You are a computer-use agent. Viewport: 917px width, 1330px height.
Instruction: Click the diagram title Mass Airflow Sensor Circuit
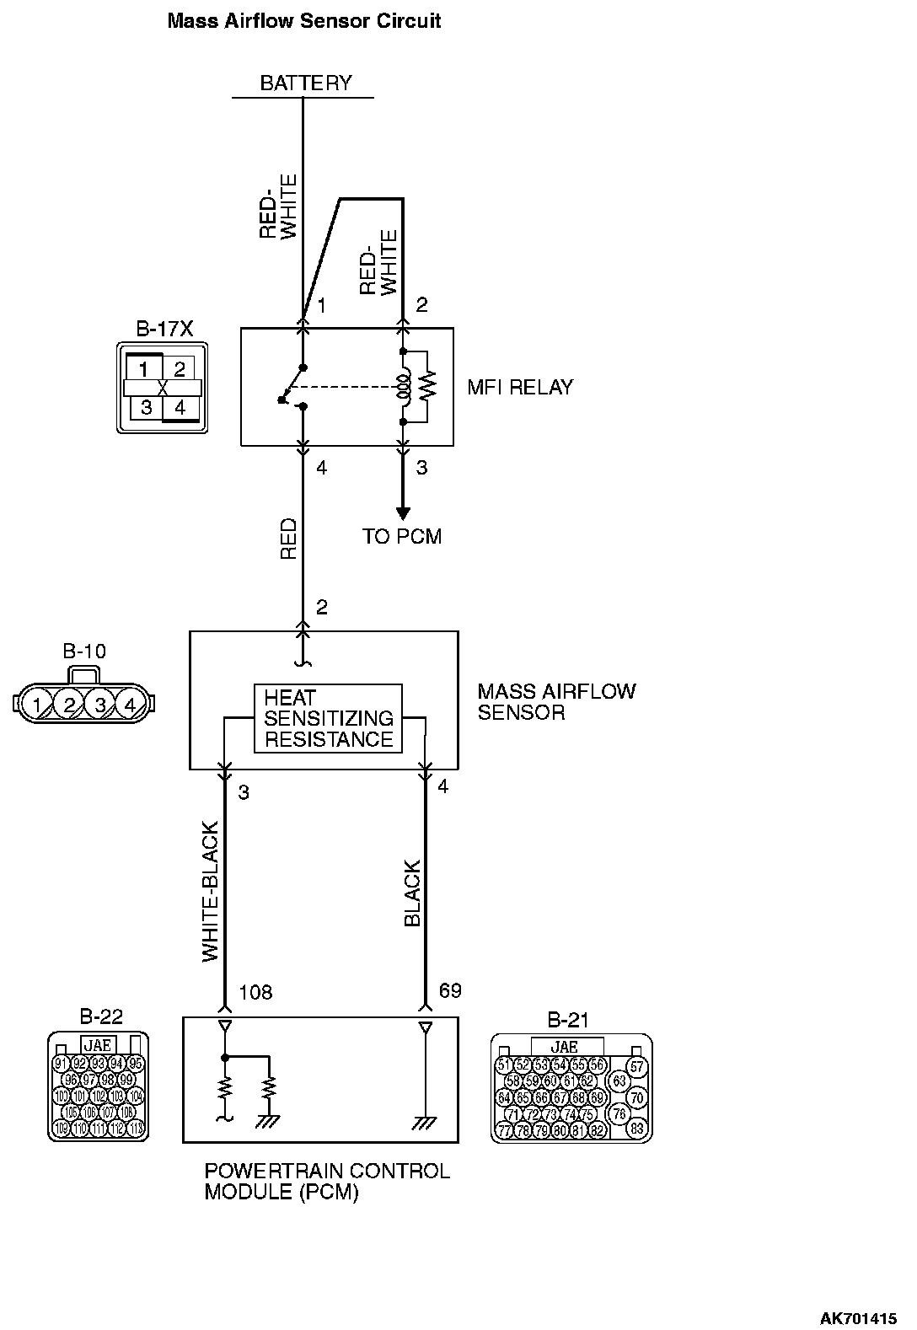[304, 21]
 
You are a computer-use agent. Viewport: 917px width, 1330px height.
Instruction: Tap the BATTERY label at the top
[305, 83]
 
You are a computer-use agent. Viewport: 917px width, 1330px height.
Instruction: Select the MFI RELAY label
[520, 388]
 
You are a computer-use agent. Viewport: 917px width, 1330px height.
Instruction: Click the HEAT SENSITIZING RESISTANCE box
[329, 719]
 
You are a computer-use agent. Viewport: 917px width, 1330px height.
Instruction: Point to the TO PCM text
[402, 537]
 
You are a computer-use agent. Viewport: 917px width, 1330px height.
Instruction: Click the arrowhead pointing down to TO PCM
[403, 513]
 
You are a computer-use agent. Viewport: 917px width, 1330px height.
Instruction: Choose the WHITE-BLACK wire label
[211, 892]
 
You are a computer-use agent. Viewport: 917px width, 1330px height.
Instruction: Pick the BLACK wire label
[412, 893]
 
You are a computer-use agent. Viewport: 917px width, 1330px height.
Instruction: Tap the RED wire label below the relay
[289, 539]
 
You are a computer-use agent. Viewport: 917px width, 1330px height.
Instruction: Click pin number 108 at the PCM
[256, 992]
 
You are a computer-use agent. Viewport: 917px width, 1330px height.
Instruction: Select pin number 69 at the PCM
[451, 990]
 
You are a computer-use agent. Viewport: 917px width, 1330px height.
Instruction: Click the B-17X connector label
[164, 329]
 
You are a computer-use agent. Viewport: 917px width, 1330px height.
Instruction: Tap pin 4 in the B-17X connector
[180, 408]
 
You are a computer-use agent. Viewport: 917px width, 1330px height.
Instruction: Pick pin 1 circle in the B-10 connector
[37, 704]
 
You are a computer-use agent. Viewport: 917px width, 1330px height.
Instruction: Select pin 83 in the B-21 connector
[637, 1128]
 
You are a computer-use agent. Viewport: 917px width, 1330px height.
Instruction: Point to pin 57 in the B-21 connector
[637, 1067]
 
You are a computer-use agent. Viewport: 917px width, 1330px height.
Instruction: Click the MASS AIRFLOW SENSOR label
[556, 702]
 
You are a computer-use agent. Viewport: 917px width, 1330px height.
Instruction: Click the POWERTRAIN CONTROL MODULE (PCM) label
[327, 1182]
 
